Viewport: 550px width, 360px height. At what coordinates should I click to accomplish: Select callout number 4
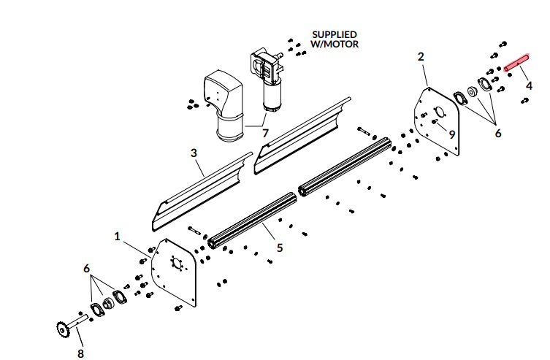528,85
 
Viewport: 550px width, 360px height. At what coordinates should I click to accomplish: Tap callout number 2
421,56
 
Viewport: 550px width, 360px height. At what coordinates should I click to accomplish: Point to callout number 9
452,134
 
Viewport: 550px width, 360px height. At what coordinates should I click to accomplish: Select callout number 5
280,248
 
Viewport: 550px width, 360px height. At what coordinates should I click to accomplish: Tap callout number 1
118,237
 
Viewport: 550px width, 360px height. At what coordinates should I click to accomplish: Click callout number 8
80,353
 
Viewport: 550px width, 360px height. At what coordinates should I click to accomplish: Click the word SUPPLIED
335,34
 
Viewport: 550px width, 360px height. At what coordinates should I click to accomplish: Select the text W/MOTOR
335,44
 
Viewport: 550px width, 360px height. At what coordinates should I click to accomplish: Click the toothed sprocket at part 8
63,331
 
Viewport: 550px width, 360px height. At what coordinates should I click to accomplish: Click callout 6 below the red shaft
498,134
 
